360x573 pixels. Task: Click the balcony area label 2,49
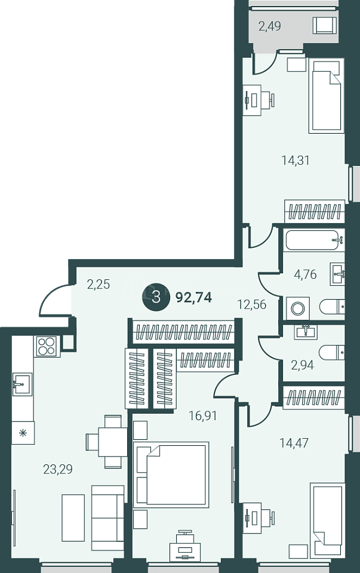(269, 26)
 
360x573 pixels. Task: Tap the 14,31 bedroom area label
(296, 160)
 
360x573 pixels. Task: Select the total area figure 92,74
(193, 297)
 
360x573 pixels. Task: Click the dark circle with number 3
(156, 297)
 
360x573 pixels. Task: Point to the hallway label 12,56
(252, 304)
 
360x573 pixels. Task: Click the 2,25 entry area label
(99, 284)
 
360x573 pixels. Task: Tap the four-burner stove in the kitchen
(47, 346)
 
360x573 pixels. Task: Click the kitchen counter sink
(22, 384)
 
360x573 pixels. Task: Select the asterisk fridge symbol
(23, 433)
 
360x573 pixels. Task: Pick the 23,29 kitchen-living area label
(58, 469)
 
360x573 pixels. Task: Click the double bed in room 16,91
(171, 475)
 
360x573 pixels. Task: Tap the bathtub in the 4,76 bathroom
(315, 240)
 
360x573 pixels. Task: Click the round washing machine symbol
(297, 309)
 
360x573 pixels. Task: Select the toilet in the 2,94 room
(331, 353)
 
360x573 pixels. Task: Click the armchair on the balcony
(325, 26)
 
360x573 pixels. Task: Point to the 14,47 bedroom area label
(294, 443)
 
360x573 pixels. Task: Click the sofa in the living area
(108, 518)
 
